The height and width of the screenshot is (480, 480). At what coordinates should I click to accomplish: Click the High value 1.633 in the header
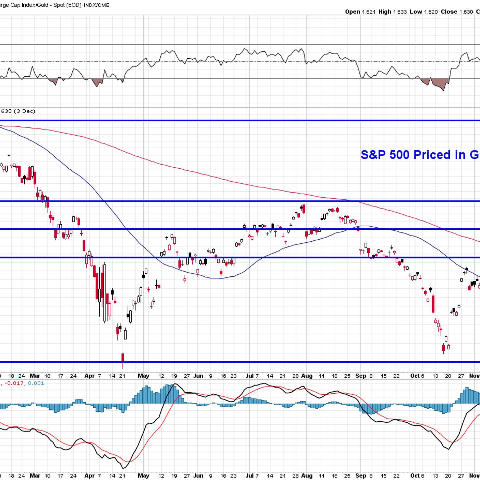click(400, 12)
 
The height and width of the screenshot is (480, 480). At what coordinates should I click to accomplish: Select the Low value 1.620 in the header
click(431, 12)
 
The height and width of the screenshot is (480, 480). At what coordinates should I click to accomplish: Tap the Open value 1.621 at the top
click(369, 12)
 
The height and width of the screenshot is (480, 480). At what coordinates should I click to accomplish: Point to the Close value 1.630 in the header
click(466, 12)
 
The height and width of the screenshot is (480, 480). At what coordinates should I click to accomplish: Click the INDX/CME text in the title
click(96, 5)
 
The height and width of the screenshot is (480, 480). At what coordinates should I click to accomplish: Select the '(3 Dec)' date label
click(25, 111)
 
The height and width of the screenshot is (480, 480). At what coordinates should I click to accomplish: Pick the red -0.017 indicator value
click(14, 383)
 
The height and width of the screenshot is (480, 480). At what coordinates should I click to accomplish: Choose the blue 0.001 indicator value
click(36, 383)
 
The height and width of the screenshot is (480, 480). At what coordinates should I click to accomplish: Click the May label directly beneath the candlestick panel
click(143, 376)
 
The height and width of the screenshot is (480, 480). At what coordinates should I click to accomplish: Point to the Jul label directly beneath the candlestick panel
click(250, 376)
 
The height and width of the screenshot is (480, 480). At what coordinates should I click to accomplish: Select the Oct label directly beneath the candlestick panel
click(415, 376)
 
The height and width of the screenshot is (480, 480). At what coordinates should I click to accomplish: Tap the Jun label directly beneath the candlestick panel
click(198, 376)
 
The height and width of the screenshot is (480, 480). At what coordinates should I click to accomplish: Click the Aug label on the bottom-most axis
click(307, 476)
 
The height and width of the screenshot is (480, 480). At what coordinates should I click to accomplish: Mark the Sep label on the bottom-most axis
click(361, 476)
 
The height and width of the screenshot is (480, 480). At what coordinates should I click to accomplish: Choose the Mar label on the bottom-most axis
click(35, 476)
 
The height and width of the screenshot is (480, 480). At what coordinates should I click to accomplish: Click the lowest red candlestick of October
click(443, 348)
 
